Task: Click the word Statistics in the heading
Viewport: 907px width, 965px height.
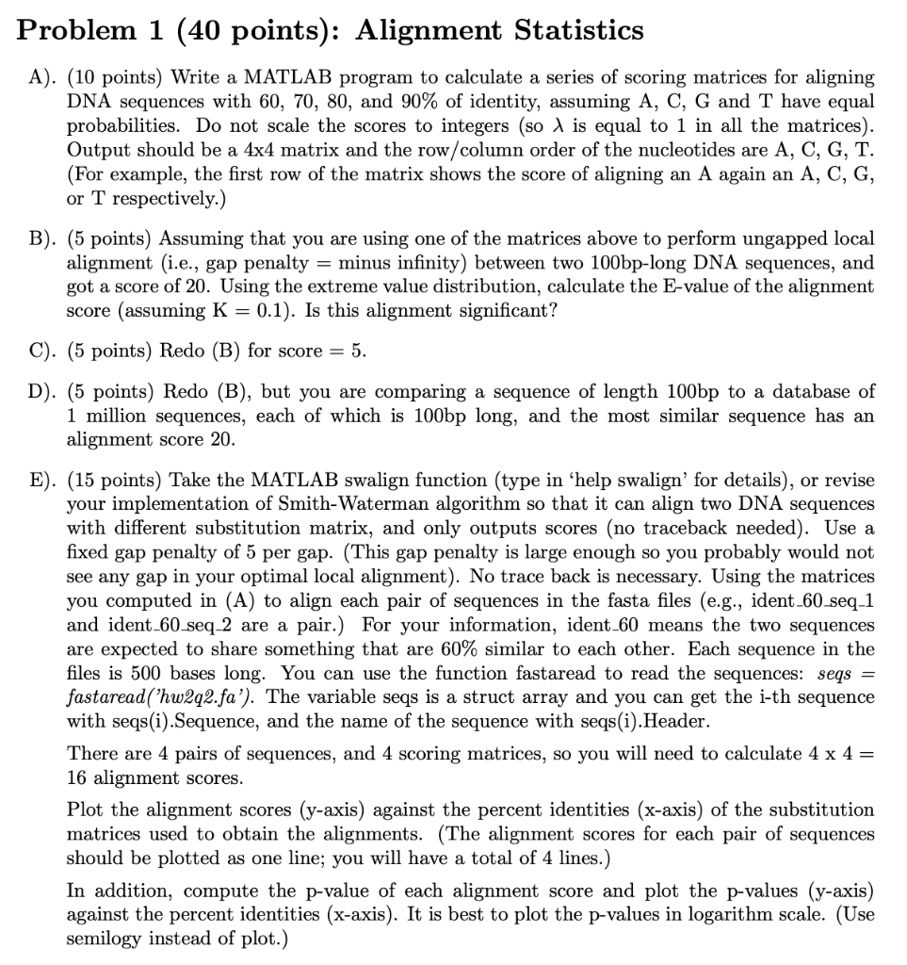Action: [578, 30]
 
